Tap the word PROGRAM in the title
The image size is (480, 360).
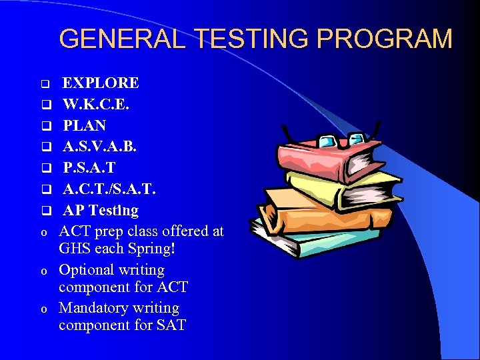click(x=385, y=39)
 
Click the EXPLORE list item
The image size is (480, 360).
click(x=101, y=83)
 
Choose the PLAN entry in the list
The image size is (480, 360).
click(x=85, y=125)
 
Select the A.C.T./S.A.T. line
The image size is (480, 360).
click(x=110, y=189)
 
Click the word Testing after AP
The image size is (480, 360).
click(x=114, y=211)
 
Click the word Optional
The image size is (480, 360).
click(x=89, y=270)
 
